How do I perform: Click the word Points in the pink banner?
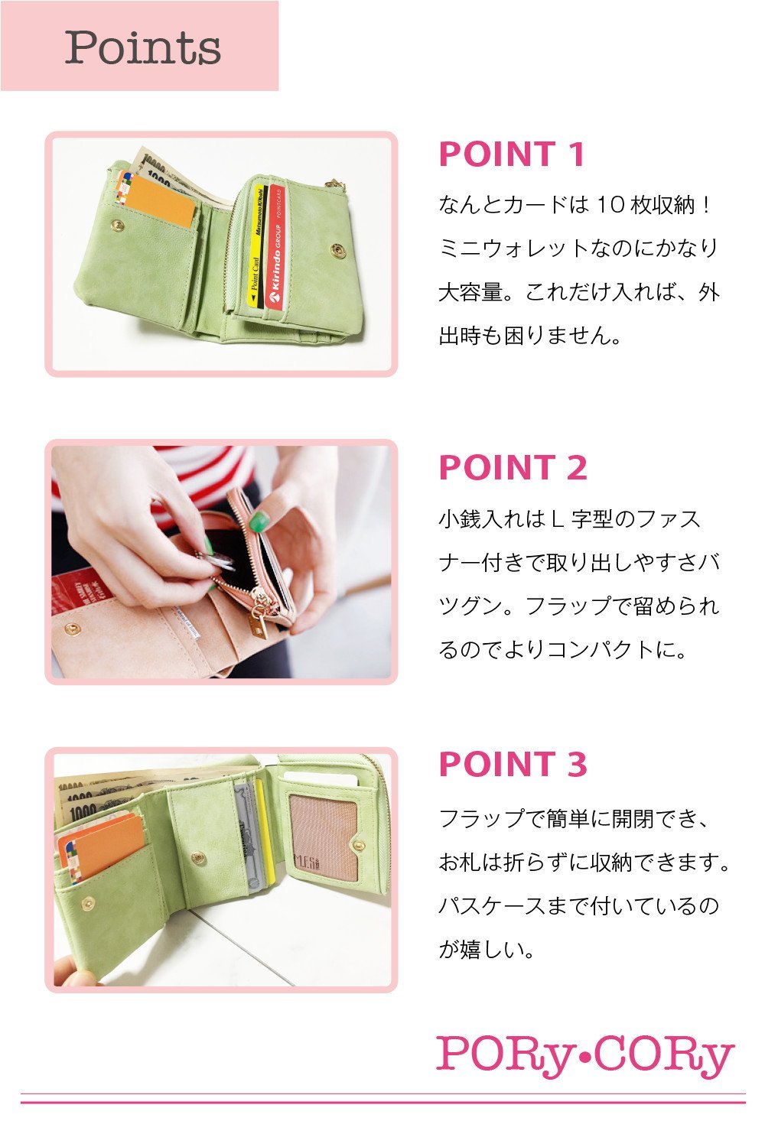[x=143, y=47]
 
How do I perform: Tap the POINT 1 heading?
[x=512, y=154]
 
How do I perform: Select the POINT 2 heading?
[x=513, y=467]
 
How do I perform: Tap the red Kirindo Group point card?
[x=275, y=247]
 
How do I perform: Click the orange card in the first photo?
[x=159, y=200]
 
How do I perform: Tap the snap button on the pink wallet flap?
[x=72, y=628]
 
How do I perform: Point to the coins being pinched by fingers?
[x=217, y=561]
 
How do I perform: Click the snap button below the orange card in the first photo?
[x=117, y=225]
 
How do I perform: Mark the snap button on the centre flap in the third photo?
[x=198, y=858]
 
